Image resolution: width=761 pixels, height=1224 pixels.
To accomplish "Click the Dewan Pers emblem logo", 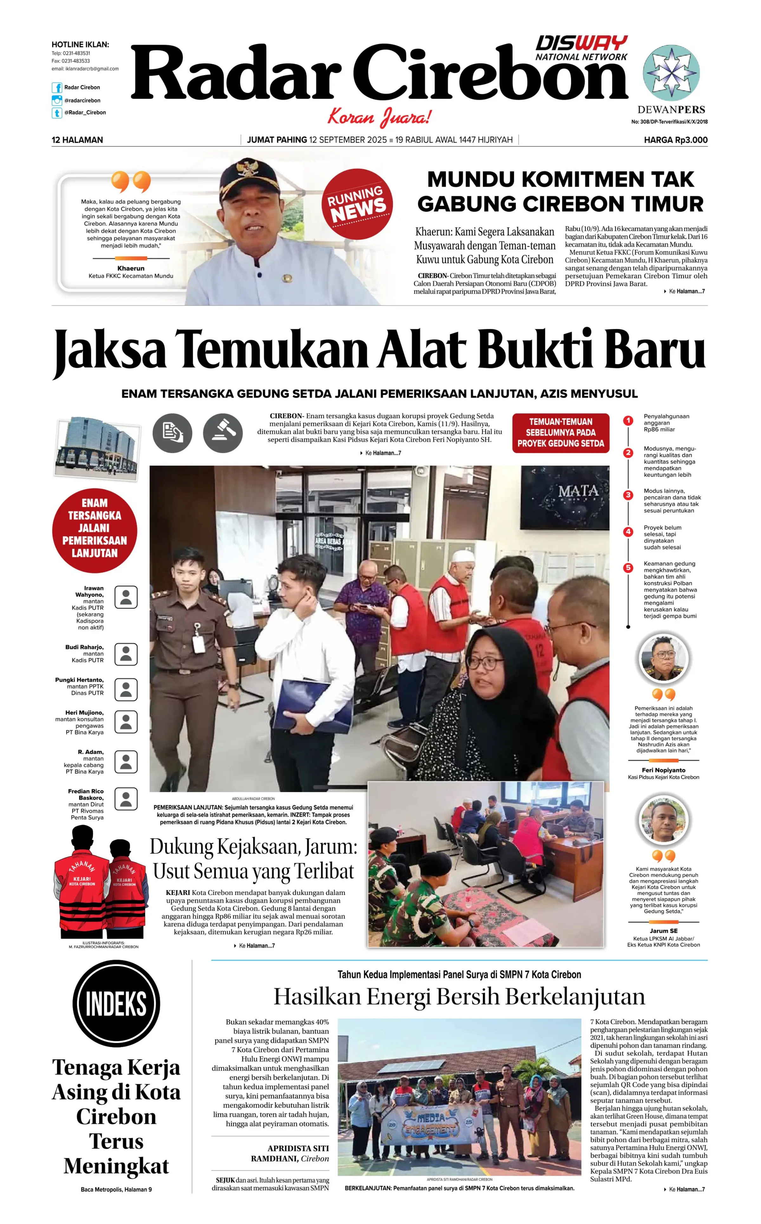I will click(x=671, y=73).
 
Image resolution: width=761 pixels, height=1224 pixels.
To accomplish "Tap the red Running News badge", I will click(x=357, y=204).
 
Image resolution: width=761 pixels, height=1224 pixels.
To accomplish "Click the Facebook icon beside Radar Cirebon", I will click(x=57, y=87).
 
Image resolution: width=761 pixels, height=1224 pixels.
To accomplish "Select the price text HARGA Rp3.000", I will click(x=675, y=140).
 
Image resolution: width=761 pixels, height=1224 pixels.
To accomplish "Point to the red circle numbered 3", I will click(x=628, y=495).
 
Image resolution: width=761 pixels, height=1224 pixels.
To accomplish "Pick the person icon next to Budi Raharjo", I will click(x=126, y=654).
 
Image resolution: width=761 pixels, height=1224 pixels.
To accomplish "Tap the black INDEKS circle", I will click(x=116, y=1004).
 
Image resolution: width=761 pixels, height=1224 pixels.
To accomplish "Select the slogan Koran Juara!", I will click(x=380, y=117).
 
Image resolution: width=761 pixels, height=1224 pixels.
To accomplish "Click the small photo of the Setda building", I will click(x=97, y=447).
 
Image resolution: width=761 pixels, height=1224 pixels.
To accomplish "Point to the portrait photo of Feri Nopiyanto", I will click(x=663, y=658).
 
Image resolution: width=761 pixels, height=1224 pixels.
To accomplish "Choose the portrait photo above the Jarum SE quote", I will click(x=663, y=820).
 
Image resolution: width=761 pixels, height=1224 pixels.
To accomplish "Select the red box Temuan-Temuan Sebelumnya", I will click(x=561, y=433).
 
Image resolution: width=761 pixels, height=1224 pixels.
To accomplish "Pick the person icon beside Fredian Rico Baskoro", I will click(x=126, y=798).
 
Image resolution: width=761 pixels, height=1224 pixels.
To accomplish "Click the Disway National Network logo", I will click(x=581, y=48).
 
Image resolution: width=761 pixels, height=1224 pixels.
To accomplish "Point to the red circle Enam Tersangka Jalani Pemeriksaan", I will click(x=94, y=530).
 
